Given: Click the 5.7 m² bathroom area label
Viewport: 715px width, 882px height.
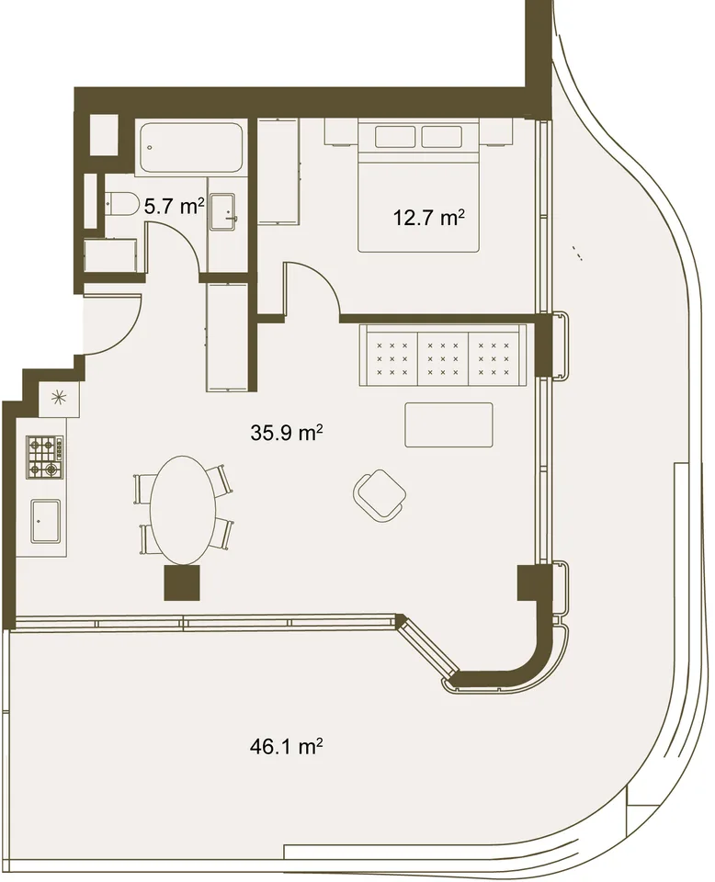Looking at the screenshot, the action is pos(174,207).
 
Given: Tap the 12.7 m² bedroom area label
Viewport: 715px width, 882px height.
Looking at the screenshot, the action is pos(428,217).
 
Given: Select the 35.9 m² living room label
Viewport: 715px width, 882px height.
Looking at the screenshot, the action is pos(287,433).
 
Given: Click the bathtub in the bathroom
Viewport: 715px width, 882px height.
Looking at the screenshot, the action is pos(191,147).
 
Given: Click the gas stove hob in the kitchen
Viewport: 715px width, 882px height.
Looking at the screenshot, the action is pos(44,457).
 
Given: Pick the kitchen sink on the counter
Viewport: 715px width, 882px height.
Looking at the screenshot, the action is pos(45,521).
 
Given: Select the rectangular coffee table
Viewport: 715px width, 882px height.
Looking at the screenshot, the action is pos(448,424).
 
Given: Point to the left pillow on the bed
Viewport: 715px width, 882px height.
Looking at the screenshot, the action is pos(395,137).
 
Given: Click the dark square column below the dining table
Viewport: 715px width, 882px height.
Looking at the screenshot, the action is pos(182,582).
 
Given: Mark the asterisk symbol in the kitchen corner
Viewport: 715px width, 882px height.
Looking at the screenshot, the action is pos(59,398).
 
